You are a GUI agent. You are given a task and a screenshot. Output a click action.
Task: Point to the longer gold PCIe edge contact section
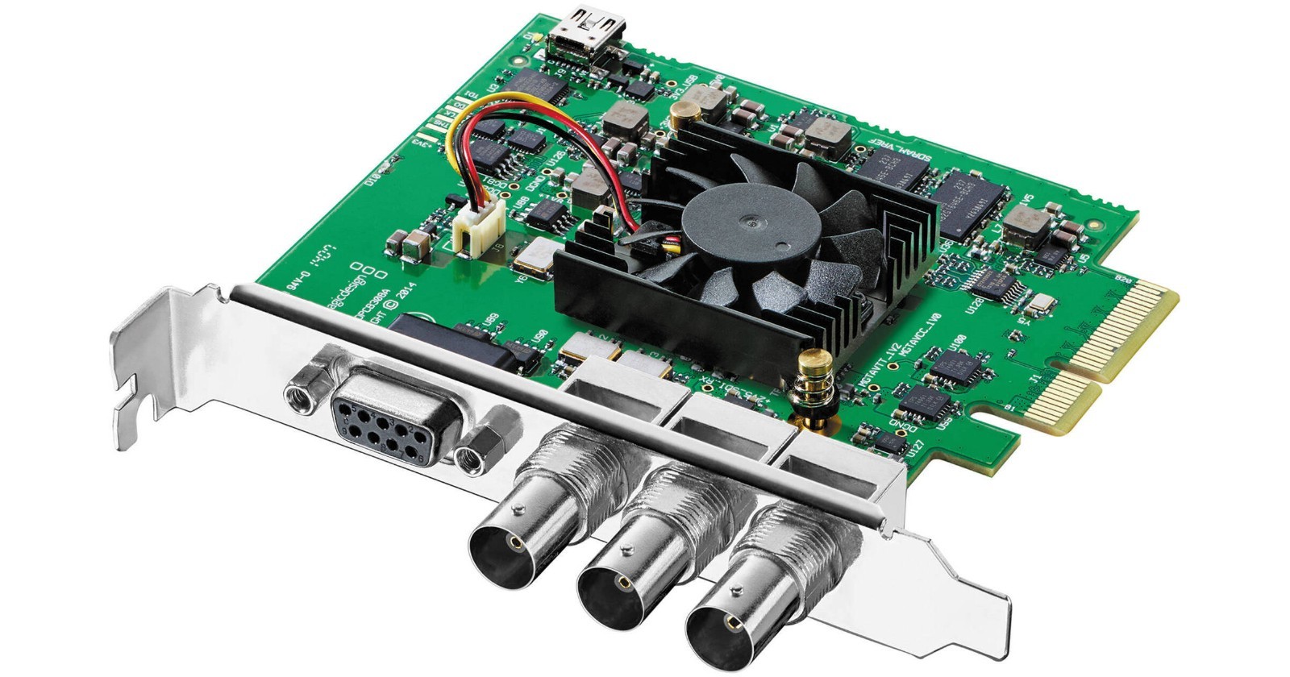[x=1125, y=324]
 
